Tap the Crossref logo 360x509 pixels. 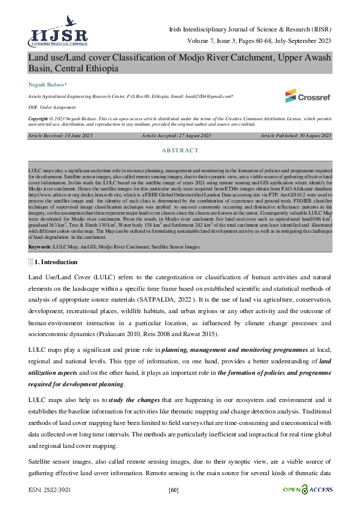point(307,96)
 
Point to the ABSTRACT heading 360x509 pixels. point(179,150)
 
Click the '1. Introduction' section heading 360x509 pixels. point(56,262)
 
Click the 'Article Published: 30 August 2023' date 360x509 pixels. point(296,136)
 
